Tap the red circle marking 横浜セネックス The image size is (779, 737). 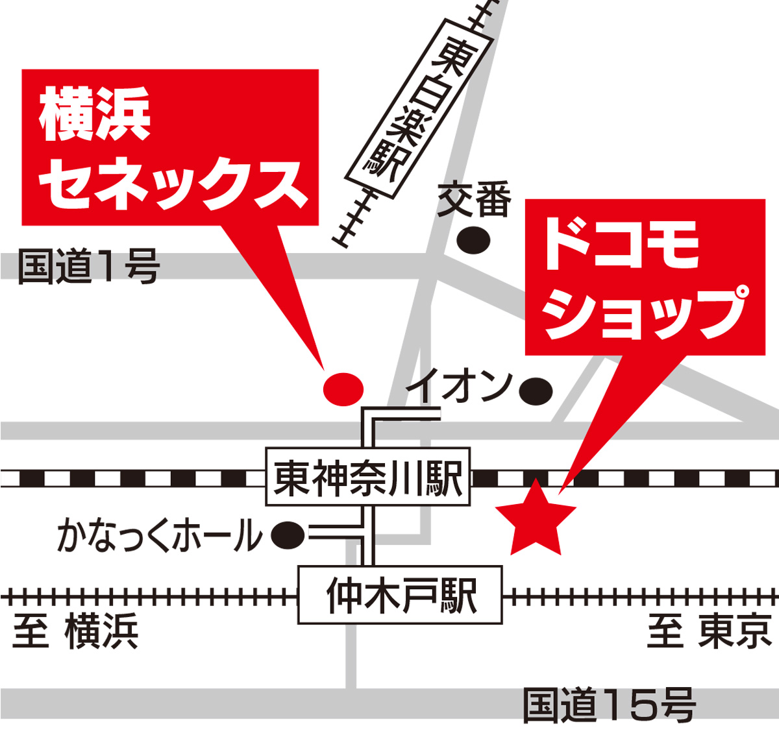343,389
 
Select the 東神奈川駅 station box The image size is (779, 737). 368,479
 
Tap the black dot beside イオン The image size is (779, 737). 536,391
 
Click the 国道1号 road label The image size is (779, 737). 89,267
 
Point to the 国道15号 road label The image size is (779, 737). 609,705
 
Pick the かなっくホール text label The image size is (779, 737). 160,536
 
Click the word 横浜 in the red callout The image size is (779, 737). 95,115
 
